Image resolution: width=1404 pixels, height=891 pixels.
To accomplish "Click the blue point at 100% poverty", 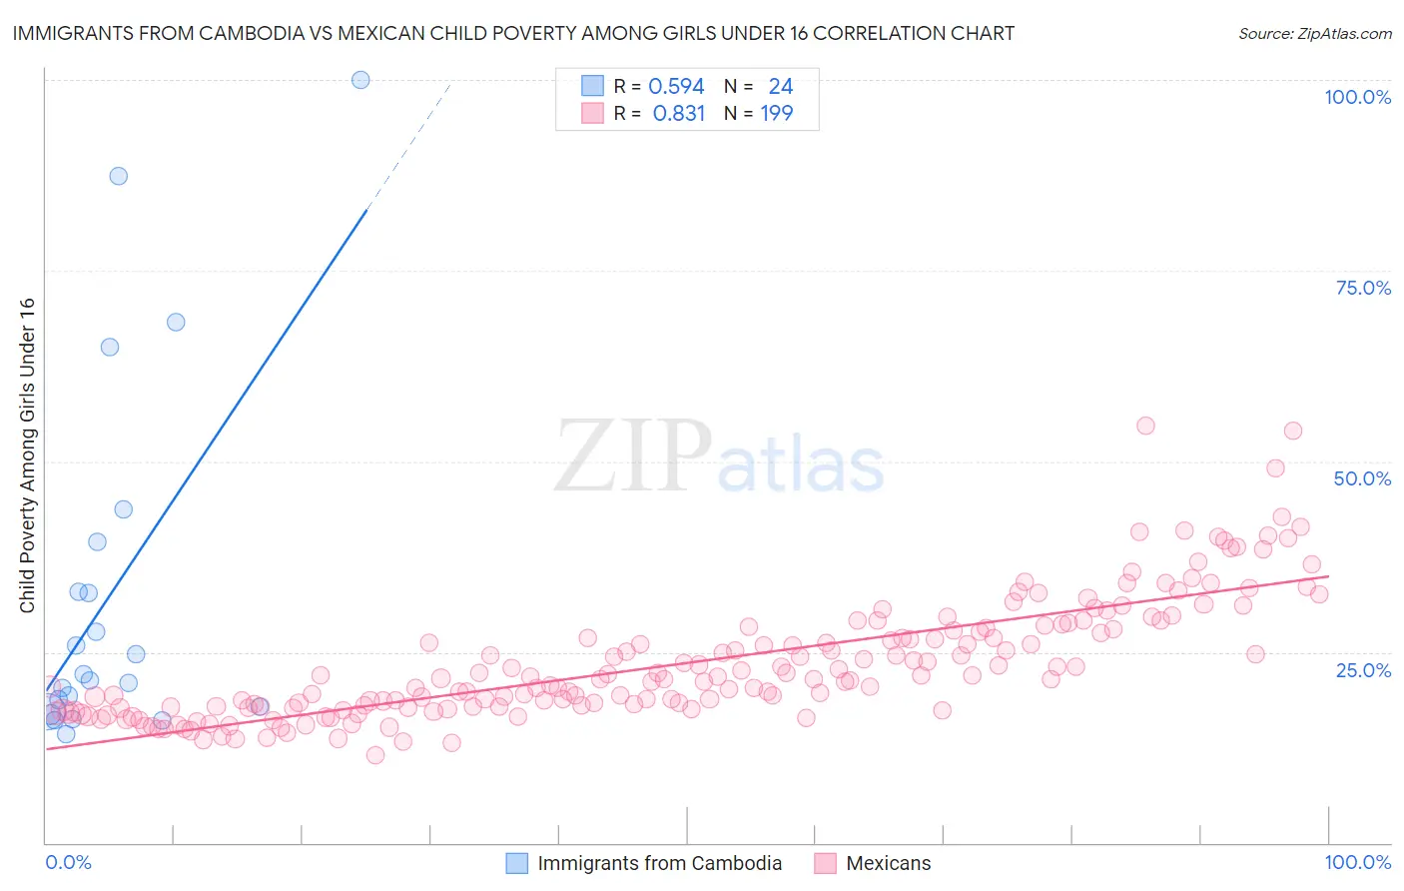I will pos(360,80).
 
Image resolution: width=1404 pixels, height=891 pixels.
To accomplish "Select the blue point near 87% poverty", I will pos(118,176).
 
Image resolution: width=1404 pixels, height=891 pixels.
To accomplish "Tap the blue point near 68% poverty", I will pos(176,322).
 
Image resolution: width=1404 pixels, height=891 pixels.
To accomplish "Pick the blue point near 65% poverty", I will pos(110,347).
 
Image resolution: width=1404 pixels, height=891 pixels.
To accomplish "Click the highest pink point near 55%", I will pos(1145,426).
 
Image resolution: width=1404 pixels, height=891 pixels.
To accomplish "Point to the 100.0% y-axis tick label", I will pos(1357,97).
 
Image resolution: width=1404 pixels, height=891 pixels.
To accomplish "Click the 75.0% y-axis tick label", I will pos(1363,288).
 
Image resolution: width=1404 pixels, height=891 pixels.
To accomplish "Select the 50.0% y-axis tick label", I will pos(1362,478).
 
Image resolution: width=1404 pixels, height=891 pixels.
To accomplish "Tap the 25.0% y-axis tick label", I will pos(1363,669).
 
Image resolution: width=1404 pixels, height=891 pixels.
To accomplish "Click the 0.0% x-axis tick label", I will pos(68,862).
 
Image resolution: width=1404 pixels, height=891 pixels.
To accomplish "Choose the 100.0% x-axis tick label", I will pos(1357,862).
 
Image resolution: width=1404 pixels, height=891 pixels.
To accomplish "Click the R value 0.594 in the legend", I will pos(676,87).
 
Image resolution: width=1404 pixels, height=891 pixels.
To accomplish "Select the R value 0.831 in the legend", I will pos(678,114).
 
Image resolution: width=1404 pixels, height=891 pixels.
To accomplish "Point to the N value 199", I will pos(777,114).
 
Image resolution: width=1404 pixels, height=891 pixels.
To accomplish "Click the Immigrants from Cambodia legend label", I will pos(659,863).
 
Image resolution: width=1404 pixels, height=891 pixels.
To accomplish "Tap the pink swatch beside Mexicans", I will pos(825,863).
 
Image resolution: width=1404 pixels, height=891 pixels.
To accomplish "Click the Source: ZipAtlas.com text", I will pos(1314,33).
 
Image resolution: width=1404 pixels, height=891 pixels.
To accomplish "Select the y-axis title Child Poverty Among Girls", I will pos(27,455).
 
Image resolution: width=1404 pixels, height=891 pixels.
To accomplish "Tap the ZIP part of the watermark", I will pos(633,456).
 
